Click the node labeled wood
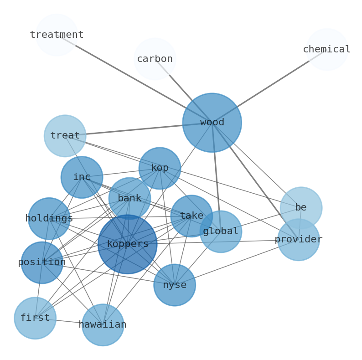[212, 123]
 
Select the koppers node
[127, 244]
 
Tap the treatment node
[57, 35]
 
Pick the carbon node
[155, 59]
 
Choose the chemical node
[327, 50]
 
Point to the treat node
[65, 136]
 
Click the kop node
[160, 168]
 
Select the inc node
[82, 177]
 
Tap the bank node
[129, 199]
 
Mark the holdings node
[49, 219]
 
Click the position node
[42, 262]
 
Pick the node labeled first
[35, 318]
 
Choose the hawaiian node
[103, 325]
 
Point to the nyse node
[175, 285]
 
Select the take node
[191, 216]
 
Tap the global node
[221, 231]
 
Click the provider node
[299, 240]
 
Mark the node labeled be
[301, 208]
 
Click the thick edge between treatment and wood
[137, 80]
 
